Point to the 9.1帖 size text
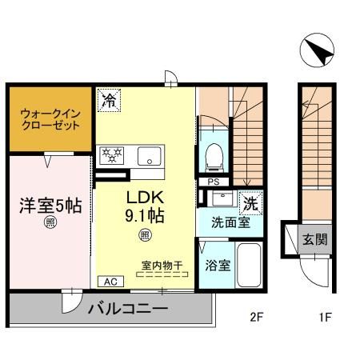pos(145,216)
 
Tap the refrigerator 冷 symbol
pos(108,100)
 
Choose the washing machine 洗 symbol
pos(250,204)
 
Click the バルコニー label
pos(128,310)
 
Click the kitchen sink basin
pos(150,157)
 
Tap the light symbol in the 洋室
pos(50,224)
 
